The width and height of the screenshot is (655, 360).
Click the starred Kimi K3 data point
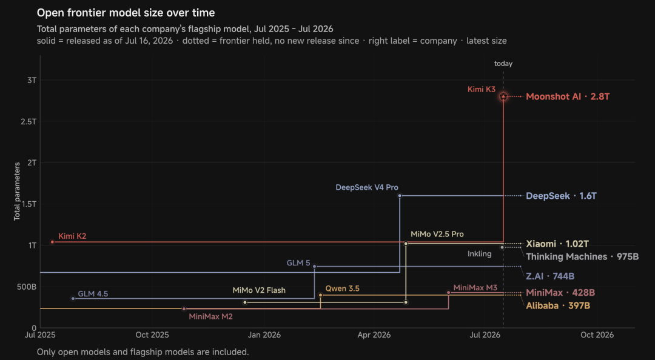tap(503, 96)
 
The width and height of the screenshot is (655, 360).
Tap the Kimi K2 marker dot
tap(52, 242)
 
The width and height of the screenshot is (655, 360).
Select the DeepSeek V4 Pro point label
tap(367, 187)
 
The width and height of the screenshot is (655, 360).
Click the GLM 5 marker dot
tap(315, 267)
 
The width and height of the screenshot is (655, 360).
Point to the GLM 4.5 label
tap(93, 293)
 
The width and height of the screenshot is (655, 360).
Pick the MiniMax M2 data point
tap(184, 308)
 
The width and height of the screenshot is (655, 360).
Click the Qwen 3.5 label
tap(342, 288)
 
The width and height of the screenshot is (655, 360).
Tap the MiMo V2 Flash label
tap(259, 290)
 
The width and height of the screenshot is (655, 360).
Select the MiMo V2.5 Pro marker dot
tap(406, 244)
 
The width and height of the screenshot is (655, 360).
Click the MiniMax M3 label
tap(475, 287)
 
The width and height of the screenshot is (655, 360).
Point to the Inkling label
tap(480, 254)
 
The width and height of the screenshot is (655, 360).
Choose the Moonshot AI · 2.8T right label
tap(568, 96)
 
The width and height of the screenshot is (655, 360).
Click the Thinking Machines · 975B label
tap(582, 256)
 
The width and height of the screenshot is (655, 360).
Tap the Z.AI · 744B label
tap(550, 276)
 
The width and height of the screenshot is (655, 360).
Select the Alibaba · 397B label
tap(558, 305)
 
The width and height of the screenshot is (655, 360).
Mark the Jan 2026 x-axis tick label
tap(264, 335)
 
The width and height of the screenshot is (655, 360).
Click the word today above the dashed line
tap(503, 64)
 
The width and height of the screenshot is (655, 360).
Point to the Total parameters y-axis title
tap(17, 192)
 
